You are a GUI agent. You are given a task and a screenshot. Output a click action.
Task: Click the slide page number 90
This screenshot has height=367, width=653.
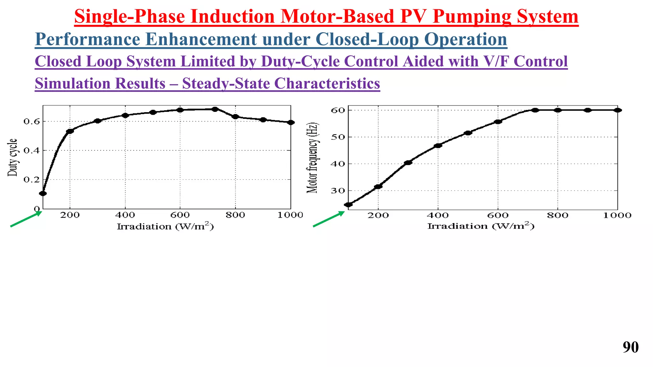(630, 348)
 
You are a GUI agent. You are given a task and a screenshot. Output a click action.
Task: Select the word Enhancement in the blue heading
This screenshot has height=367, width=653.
(201, 40)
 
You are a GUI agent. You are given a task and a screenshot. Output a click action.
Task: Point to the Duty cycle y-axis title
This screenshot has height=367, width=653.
(12, 157)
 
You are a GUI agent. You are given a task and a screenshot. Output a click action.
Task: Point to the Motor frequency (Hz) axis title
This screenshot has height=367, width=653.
(312, 157)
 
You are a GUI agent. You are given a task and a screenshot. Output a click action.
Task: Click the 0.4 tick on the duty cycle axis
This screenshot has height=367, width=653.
(32, 150)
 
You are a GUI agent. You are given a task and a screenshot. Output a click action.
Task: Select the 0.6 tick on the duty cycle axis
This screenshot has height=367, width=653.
(32, 121)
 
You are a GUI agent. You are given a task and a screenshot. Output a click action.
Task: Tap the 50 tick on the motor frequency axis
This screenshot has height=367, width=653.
(338, 137)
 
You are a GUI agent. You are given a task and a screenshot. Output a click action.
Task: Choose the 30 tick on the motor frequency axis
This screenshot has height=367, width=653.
(338, 191)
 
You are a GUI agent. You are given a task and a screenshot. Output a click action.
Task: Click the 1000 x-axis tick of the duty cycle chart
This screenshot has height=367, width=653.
(290, 215)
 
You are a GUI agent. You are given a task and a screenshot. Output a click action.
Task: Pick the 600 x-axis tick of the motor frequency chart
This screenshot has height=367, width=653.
(498, 215)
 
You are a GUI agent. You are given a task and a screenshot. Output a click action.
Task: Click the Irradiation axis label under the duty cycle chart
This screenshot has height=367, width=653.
(165, 226)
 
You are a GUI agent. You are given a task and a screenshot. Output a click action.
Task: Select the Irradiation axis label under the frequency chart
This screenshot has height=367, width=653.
(481, 226)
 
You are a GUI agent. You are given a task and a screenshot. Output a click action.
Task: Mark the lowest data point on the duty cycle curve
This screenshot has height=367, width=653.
(43, 193)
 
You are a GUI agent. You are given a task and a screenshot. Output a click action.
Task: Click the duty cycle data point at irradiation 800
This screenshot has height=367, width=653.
(235, 117)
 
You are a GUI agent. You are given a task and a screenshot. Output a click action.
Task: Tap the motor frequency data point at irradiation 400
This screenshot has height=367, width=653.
(438, 146)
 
